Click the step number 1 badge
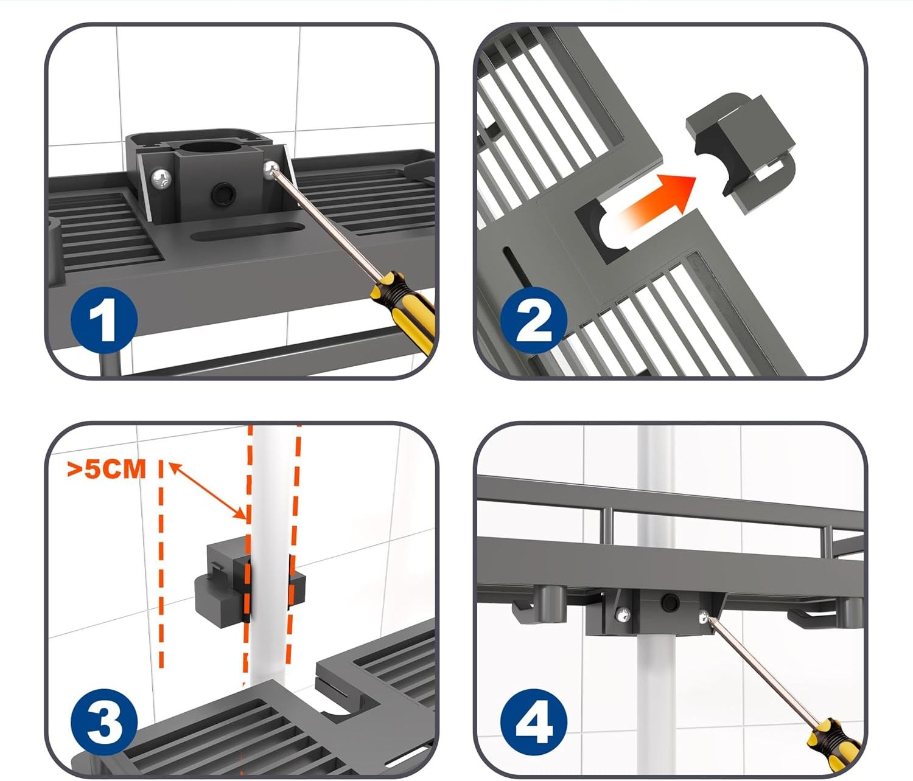pos(103,319)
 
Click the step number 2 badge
pos(534,319)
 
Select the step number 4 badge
pos(534,722)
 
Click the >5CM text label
pos(107,469)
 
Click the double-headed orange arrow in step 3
pos(207,491)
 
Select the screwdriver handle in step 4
pos(831,739)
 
